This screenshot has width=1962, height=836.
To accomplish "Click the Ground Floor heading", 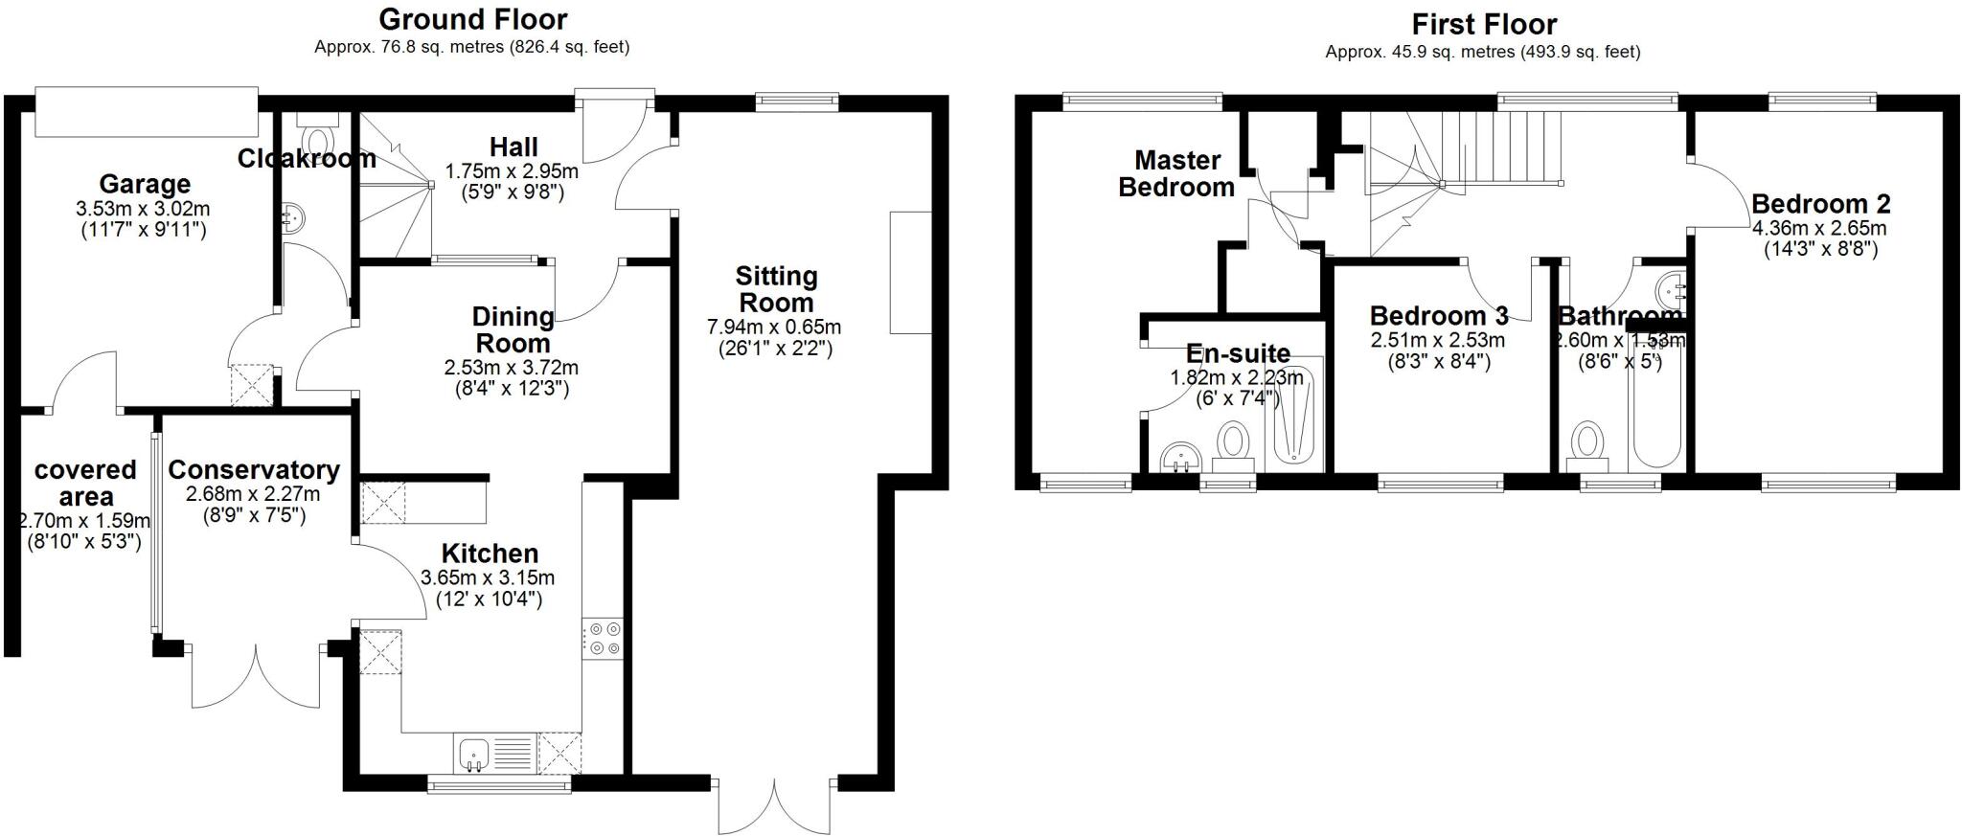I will click(x=472, y=19).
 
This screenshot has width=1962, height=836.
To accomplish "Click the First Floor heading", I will click(x=1483, y=23).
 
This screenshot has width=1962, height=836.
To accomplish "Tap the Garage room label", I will click(x=145, y=184).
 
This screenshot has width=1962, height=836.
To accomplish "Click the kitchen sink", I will click(x=473, y=754).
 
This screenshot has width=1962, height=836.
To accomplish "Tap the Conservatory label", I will click(x=253, y=470).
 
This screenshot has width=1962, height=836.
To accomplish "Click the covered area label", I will click(x=85, y=484).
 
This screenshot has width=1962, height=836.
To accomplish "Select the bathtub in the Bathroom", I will click(x=1655, y=412).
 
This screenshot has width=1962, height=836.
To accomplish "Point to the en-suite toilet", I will click(x=1233, y=445).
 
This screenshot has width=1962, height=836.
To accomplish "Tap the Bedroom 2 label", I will click(x=1820, y=204).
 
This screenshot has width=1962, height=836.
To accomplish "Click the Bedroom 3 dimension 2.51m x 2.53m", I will click(x=1438, y=341).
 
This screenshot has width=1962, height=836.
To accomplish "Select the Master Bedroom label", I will click(x=1176, y=173).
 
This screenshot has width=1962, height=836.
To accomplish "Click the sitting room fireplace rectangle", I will click(x=910, y=273).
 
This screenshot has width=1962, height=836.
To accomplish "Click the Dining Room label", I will click(x=513, y=329).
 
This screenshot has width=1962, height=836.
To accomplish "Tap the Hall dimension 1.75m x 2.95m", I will click(x=512, y=172).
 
